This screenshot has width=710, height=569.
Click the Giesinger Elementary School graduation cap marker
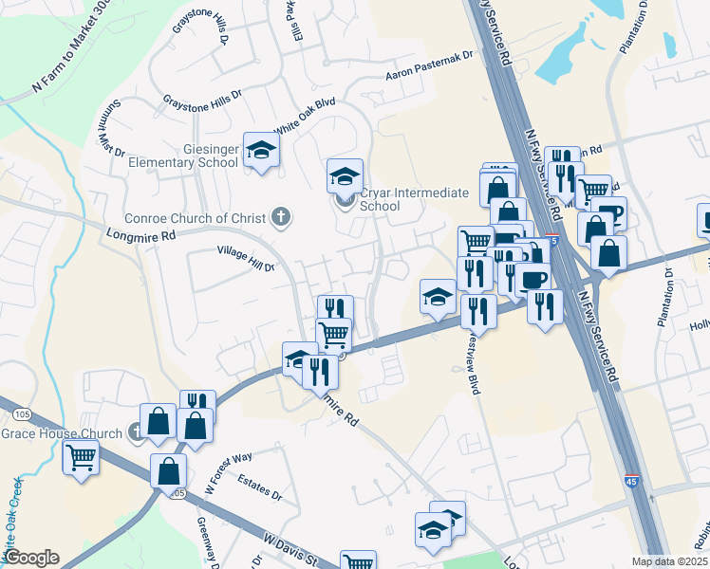(261, 150)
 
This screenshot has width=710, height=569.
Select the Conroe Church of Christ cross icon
(280, 217)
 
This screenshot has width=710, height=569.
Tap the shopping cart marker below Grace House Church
(81, 458)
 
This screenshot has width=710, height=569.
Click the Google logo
(32, 557)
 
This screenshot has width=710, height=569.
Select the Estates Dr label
(260, 487)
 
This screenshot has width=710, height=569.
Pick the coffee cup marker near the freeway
(533, 279)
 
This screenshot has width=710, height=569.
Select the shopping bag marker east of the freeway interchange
(608, 253)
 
